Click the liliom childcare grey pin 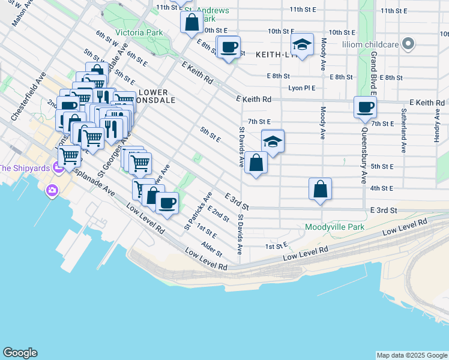pos(408,44)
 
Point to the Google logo pos(20,353)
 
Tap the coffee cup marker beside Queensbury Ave pos(365,108)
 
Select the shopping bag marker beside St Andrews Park pos(191,23)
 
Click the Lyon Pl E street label pos(301,88)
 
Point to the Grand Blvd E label pos(373,74)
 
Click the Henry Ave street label pos(437,126)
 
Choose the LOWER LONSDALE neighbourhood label pos(156,97)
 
